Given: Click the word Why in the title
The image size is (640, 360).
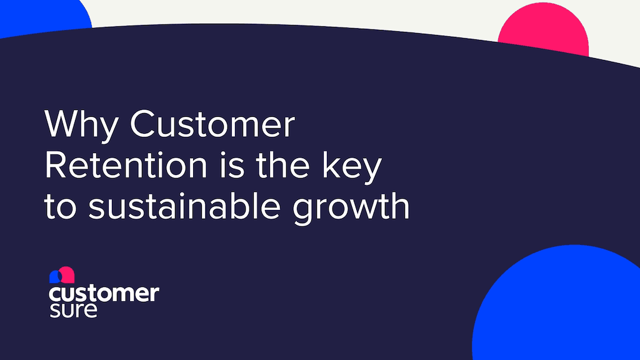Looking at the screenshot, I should coord(81,125).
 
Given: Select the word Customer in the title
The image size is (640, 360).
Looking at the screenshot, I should coord(212,125).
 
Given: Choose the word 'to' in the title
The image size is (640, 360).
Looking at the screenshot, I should coord(61,207).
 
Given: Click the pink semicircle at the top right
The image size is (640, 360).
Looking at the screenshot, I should coord(543,34).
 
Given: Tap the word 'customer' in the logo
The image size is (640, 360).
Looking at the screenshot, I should coord(104,293).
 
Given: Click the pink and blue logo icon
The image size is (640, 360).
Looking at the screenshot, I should coord(62,276).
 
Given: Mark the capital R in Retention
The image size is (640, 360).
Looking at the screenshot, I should coord(56,166).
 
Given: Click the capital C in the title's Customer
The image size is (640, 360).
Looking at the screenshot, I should coord(144,125).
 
